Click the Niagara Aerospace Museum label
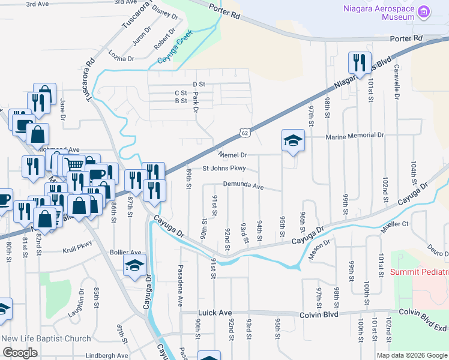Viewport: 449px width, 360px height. [x=378, y=13]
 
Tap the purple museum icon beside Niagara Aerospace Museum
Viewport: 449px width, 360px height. [x=424, y=12]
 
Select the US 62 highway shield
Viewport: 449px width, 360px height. [x=244, y=131]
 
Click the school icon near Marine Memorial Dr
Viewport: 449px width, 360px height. [x=292, y=141]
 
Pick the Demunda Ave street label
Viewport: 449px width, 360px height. [x=243, y=186]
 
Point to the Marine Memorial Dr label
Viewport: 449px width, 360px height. [x=354, y=136]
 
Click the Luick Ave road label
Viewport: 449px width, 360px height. [x=214, y=313]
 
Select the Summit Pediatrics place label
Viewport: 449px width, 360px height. [x=420, y=272]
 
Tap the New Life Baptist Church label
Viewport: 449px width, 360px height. [x=46, y=339]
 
